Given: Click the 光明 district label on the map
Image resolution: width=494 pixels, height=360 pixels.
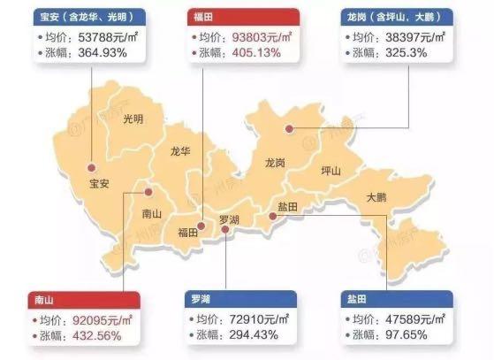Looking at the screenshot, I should [133, 119].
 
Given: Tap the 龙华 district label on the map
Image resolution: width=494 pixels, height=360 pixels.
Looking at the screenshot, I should [180, 151].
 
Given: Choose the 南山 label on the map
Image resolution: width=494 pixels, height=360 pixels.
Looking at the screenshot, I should [152, 213].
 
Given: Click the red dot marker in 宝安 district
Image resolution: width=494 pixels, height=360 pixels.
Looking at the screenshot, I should [91, 167].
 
